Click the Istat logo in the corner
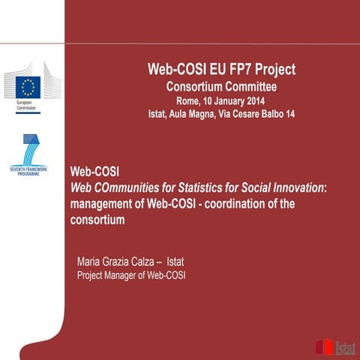[x=334, y=346]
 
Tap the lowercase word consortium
[x=96, y=221]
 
